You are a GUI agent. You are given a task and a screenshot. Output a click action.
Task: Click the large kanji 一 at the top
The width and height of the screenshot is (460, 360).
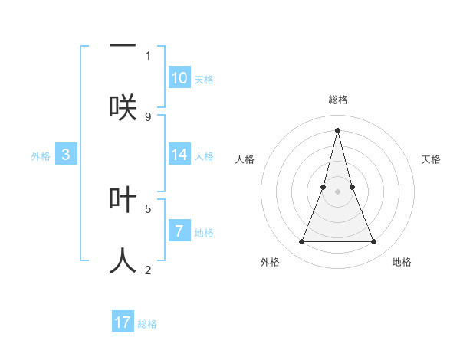click(123, 45)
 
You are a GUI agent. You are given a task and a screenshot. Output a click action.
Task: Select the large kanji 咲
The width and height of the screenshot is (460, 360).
click(123, 107)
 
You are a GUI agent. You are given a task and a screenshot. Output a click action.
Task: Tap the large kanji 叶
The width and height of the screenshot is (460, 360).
click(123, 199)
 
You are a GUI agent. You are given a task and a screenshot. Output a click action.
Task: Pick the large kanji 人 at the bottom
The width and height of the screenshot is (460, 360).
click(123, 260)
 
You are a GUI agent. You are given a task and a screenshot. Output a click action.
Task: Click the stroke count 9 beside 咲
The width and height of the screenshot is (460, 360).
click(148, 116)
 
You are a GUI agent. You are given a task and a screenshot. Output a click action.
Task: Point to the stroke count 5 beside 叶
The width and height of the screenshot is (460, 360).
click(148, 208)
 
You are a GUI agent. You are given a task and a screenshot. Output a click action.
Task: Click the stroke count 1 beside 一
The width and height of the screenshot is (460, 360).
click(148, 55)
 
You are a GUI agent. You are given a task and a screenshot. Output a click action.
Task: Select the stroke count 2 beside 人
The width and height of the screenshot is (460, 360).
click(148, 270)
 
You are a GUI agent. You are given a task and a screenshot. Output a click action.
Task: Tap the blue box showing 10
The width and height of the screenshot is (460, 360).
click(179, 78)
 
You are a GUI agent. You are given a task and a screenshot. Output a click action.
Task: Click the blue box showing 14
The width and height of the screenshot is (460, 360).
click(179, 155)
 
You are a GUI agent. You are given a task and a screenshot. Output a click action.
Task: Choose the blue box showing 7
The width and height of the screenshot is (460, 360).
click(179, 231)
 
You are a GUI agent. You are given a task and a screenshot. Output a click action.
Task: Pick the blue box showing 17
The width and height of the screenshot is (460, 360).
click(123, 322)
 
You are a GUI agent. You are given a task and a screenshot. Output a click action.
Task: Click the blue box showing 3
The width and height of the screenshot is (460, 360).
click(66, 155)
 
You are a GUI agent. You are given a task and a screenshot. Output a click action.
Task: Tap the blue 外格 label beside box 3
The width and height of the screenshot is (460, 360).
click(41, 156)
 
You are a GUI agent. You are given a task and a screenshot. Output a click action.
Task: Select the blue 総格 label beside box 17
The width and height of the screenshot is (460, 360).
click(147, 324)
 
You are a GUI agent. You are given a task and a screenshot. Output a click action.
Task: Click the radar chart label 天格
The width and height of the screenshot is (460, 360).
click(431, 159)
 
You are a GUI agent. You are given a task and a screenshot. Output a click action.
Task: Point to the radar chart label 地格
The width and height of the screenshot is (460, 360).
click(402, 262)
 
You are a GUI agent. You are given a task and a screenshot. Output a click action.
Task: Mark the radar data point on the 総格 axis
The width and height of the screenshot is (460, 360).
click(337, 129)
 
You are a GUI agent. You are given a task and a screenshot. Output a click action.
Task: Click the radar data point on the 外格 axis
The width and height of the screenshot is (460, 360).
click(301, 242)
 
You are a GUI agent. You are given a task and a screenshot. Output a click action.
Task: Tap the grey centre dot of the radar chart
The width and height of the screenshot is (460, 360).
click(337, 191)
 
